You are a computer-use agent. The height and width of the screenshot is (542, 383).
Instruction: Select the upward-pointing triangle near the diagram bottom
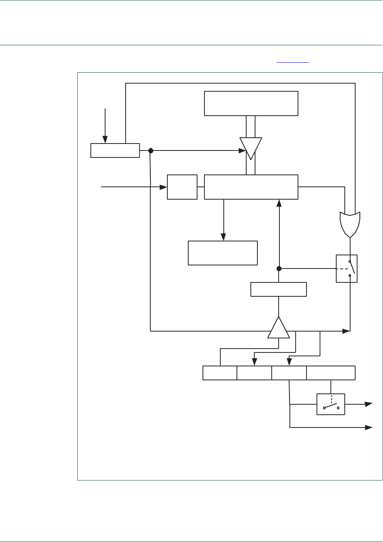pos(279,328)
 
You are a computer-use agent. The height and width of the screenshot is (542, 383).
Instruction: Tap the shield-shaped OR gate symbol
pos(350,224)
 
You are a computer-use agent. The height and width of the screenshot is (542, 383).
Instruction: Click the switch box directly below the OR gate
pos(347,268)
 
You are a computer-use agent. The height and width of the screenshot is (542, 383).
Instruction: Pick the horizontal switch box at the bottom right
pos(330,404)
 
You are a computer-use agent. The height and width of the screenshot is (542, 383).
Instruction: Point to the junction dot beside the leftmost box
pos(151,150)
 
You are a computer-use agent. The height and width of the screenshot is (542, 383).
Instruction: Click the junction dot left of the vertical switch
pos(279,268)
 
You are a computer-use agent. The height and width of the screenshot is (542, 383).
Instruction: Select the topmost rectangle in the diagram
pos(251,103)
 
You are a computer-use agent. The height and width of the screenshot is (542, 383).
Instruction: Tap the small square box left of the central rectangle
pos(182,187)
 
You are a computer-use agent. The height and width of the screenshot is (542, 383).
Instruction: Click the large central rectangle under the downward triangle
pos(251,187)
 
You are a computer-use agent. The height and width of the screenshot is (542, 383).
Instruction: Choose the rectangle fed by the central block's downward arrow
pos(223,253)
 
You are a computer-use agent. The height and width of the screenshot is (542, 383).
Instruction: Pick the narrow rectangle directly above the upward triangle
pos(279,289)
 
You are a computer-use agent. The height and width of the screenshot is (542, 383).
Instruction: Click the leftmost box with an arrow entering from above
pos(115,150)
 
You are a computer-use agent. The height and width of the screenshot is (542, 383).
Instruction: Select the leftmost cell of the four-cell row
pos(220,373)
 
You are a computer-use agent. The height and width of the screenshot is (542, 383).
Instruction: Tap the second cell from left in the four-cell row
pos(254,373)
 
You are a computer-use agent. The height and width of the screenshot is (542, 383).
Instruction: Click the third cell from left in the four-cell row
pos(289,373)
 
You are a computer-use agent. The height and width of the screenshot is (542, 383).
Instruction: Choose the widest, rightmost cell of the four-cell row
pos(331,373)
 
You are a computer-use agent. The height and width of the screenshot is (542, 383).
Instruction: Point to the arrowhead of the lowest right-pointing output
pos(369,427)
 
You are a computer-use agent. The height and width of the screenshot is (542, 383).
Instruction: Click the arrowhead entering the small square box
pos(164,187)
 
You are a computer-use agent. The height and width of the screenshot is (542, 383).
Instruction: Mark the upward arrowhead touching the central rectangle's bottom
pos(279,203)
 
